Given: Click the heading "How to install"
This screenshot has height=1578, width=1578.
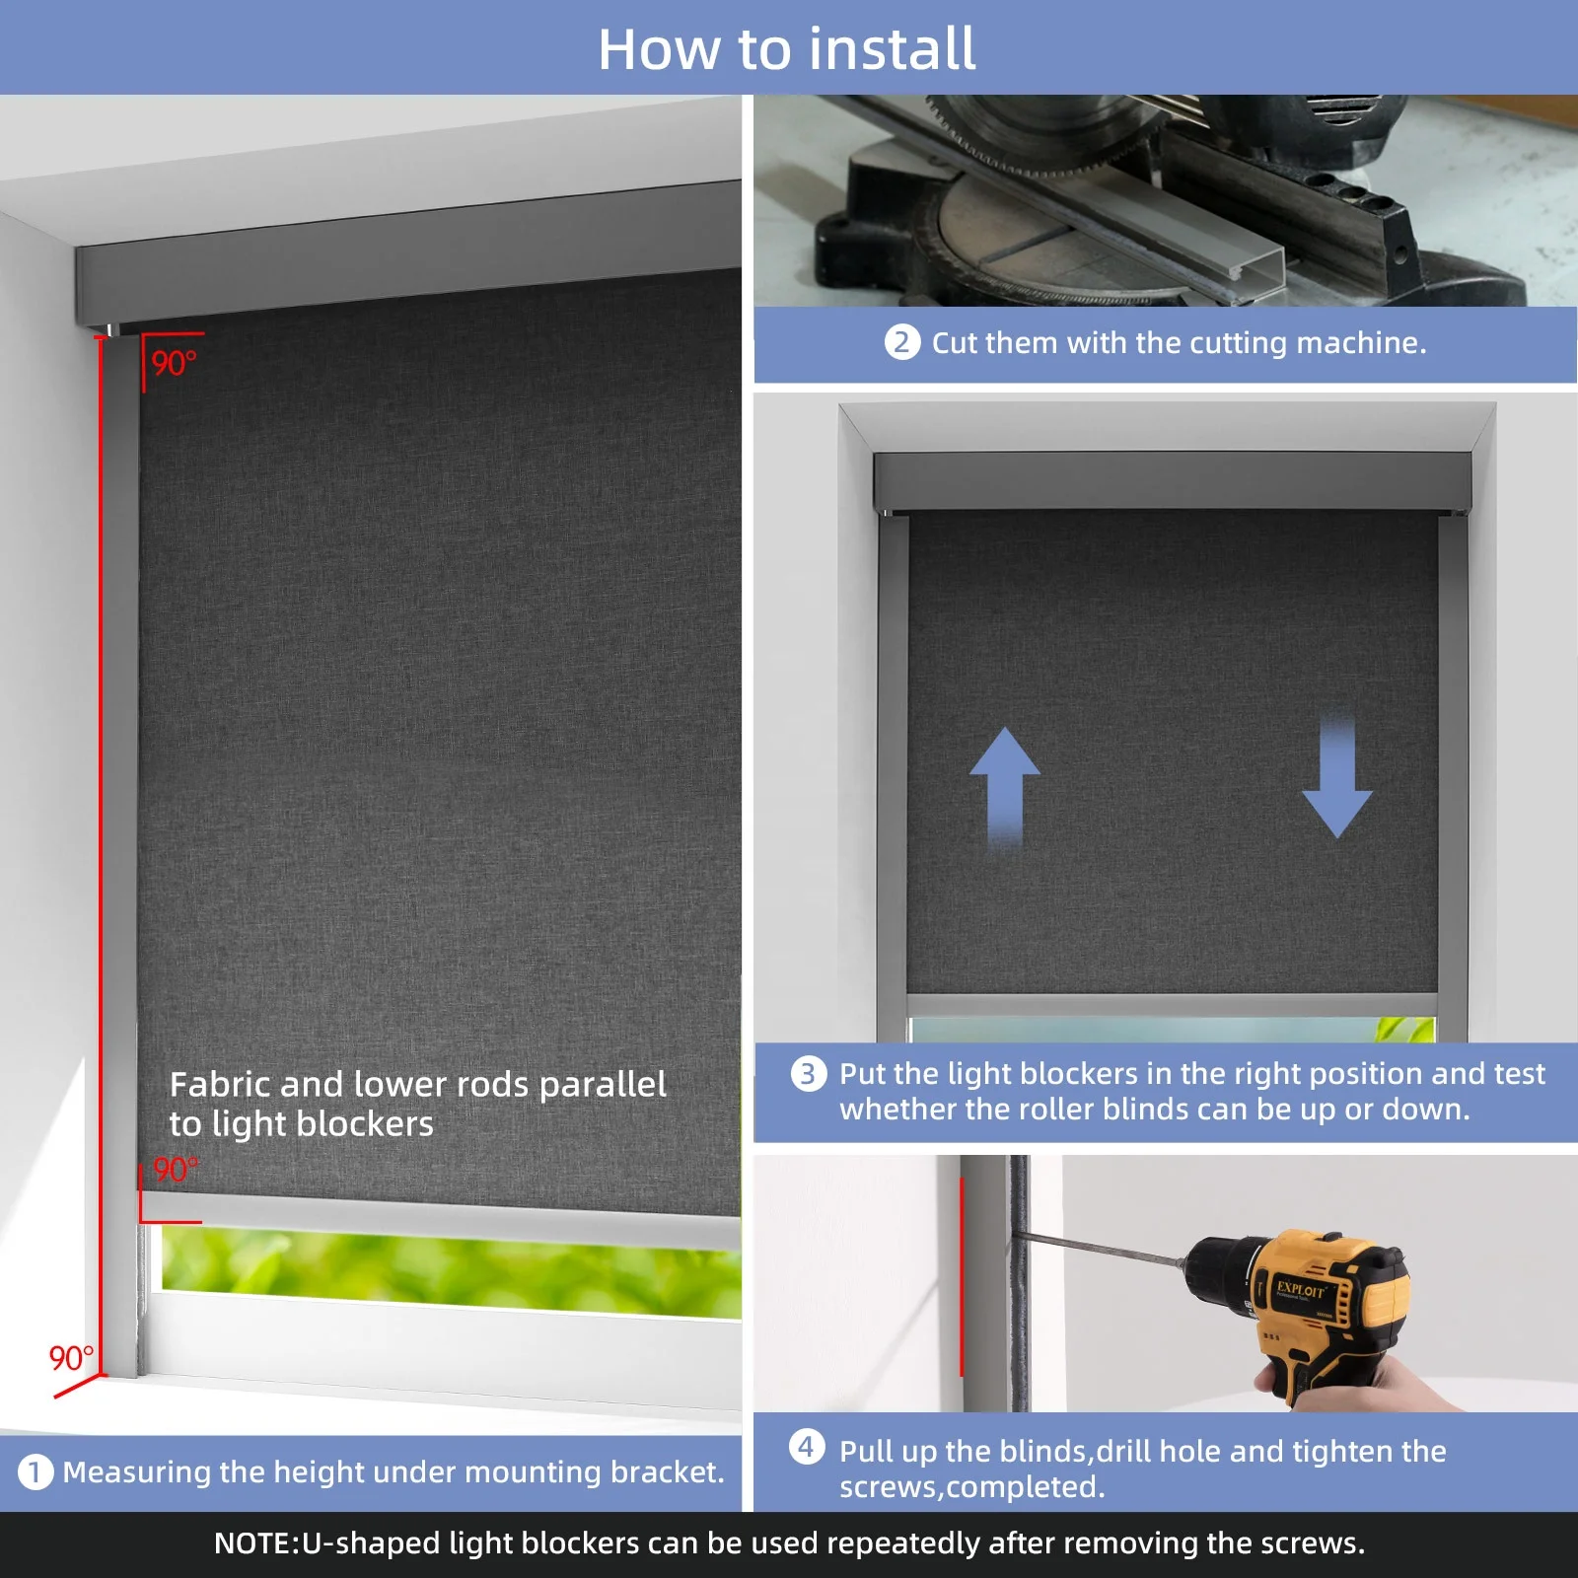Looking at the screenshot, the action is point(787,49).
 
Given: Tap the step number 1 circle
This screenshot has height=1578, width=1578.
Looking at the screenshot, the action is point(36,1472).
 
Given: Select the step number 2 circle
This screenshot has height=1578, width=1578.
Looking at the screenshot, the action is point(901,342).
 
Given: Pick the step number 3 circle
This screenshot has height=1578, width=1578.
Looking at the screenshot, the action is point(808,1073).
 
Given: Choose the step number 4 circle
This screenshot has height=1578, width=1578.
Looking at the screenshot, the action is point(807,1447).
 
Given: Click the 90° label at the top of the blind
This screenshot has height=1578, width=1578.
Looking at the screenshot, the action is point(175,364).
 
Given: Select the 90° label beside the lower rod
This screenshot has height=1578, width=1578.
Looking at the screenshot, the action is point(176,1170).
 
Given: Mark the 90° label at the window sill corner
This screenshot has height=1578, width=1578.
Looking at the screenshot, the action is point(72,1359).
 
